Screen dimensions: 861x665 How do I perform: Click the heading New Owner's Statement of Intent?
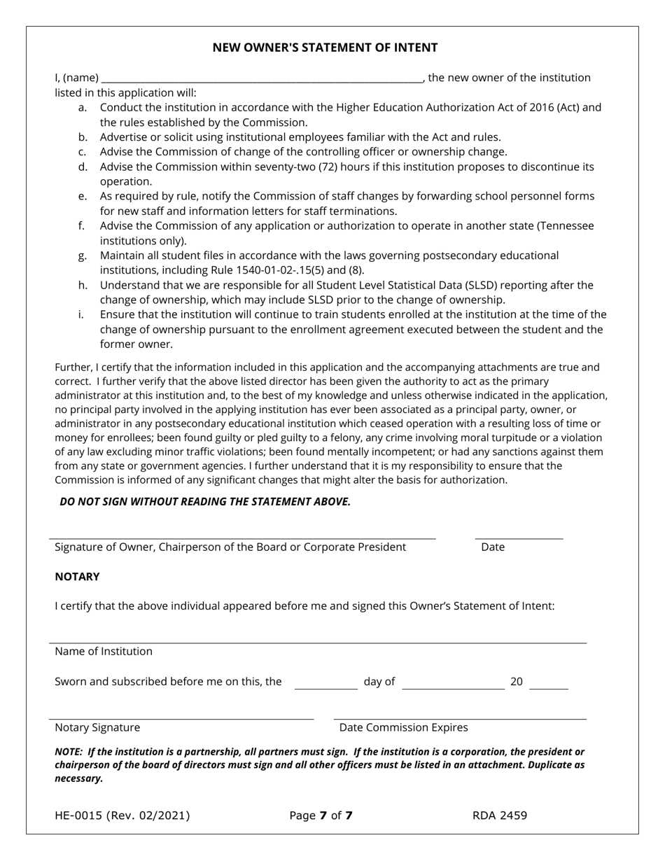click(325, 48)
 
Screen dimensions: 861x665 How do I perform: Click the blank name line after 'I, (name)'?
click(261, 79)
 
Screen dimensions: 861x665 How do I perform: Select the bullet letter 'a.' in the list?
click(83, 108)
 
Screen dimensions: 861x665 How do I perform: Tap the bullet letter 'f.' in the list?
click(83, 226)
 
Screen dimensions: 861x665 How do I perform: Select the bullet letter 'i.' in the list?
click(81, 315)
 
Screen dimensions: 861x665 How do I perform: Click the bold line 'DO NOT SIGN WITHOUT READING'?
click(204, 502)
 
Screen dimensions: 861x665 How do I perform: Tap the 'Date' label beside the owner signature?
click(493, 547)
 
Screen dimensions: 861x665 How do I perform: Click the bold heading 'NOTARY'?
click(77, 577)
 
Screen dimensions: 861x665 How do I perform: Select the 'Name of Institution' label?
click(104, 652)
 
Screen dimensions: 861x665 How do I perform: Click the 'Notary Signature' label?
click(97, 728)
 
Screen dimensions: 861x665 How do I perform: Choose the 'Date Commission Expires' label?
click(403, 728)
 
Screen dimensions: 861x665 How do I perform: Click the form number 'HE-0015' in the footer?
click(78, 815)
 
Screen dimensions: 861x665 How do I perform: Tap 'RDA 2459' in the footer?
click(500, 815)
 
